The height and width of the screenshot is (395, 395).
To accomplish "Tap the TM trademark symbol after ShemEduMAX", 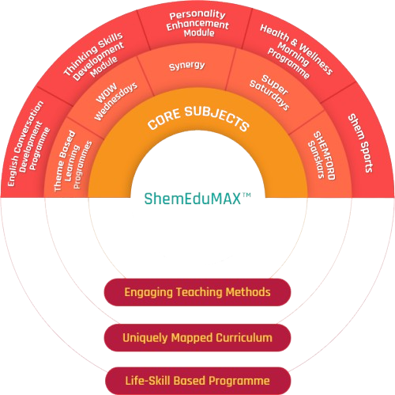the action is tap(246, 196).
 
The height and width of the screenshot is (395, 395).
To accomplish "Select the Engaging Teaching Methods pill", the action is tap(197, 292).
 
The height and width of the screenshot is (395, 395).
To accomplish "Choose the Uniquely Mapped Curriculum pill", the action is tap(197, 338).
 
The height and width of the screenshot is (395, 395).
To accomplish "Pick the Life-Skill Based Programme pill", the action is tap(198, 381).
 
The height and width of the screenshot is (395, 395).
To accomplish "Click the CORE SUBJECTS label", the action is tap(198, 118).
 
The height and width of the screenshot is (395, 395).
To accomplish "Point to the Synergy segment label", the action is tap(186, 66).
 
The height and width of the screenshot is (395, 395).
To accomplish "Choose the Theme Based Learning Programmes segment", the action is tap(73, 161).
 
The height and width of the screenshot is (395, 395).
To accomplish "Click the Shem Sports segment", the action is tap(361, 143).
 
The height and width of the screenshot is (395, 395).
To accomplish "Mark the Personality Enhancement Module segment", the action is tap(197, 24).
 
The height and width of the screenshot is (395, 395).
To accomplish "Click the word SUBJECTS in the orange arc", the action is tap(216, 118).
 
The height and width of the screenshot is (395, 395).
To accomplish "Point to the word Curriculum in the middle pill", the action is tap(244, 338).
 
